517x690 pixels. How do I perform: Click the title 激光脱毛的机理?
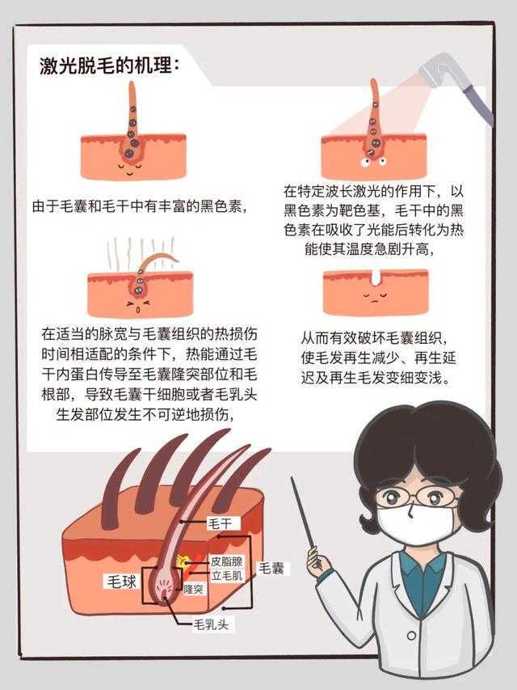106,66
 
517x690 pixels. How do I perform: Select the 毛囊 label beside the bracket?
271,568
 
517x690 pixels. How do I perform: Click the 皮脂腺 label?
226,561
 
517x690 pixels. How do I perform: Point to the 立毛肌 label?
227,575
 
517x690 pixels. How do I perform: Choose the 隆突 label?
193,589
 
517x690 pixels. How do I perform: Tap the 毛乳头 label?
212,624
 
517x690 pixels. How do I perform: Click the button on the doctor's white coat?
411,636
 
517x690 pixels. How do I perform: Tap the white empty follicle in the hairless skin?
376,276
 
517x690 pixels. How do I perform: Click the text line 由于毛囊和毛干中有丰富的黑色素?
139,206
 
